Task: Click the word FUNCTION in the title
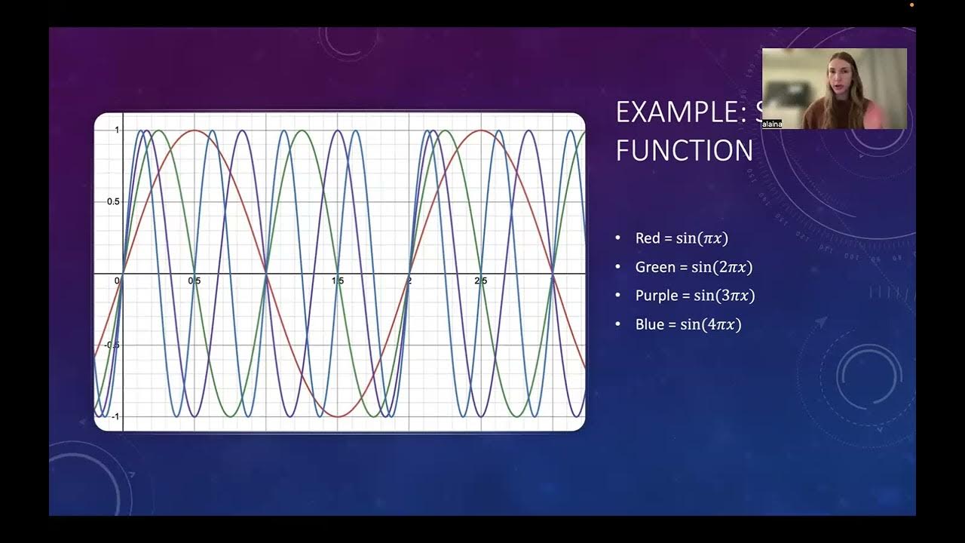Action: coord(684,151)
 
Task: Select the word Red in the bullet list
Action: coord(648,238)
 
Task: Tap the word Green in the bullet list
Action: coord(655,267)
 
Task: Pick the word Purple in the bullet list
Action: coord(657,296)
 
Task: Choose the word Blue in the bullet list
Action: coord(649,324)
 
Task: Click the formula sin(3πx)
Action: coord(724,296)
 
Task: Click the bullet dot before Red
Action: coord(618,238)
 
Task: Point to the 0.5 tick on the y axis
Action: coord(112,201)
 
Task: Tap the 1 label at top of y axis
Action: coord(117,130)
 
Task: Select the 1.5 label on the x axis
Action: coord(338,281)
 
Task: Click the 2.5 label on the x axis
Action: coord(481,281)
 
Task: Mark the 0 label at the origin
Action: coord(117,281)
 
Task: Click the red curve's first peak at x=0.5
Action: coord(195,130)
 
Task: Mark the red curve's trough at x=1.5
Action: coord(338,416)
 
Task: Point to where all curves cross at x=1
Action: coord(266,273)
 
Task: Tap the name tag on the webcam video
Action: coord(771,124)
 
